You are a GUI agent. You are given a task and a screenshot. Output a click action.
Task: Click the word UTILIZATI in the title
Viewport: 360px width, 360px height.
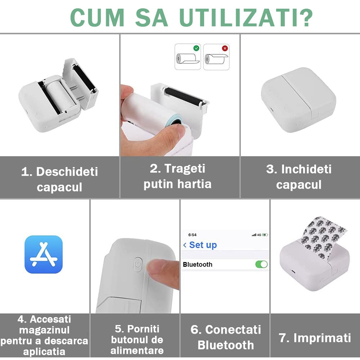[245, 18]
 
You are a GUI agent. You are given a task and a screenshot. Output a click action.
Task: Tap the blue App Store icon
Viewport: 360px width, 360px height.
[44, 254]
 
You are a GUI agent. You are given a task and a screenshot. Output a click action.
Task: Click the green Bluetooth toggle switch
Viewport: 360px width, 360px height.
[261, 264]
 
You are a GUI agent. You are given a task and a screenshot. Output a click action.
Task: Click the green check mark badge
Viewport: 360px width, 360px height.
[196, 48]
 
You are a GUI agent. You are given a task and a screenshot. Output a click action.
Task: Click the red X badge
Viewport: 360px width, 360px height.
[225, 48]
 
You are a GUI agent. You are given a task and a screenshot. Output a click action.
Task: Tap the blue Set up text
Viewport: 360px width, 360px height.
[203, 245]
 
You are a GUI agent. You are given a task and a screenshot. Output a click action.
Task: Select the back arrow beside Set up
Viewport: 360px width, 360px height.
[185, 245]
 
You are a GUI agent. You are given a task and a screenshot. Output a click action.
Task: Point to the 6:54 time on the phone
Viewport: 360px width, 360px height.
[192, 235]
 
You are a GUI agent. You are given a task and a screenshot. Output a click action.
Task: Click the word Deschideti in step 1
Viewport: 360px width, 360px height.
[67, 172]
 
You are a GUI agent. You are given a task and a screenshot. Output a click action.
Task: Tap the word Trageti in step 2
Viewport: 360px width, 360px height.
[184, 169]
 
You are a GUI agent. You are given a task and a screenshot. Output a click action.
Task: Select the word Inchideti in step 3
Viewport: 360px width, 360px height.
[306, 169]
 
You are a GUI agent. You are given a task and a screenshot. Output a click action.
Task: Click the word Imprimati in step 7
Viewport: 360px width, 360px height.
[323, 338]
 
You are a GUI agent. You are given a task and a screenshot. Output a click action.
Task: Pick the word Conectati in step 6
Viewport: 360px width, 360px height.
[233, 330]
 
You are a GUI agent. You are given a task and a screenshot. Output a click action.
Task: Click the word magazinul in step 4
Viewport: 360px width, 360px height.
[44, 330]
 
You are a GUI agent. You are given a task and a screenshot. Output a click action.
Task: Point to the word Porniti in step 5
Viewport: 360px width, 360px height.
[143, 329]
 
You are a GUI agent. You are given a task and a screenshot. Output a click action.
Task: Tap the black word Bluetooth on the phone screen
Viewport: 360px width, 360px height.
[197, 265]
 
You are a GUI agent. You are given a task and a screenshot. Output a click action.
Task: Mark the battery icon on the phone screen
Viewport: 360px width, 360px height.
[265, 235]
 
